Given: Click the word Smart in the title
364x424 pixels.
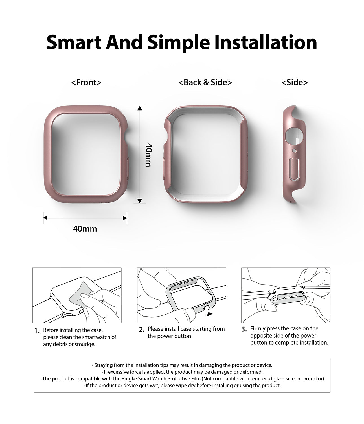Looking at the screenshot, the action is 74,42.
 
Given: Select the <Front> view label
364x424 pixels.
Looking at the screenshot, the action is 86,82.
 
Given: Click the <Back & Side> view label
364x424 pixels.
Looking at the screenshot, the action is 205,82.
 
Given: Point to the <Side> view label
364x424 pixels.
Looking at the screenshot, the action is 295,82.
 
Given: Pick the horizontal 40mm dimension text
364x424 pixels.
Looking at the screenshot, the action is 85,229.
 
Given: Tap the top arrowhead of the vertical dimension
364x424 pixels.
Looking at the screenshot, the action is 140,108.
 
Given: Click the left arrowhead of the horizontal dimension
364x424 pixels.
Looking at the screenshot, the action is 45,218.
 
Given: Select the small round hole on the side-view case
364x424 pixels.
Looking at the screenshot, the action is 294,151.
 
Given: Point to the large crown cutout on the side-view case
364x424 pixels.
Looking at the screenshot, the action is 294,136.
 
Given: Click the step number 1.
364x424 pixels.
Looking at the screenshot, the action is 37,331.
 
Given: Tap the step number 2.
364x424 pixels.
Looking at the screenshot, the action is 142,329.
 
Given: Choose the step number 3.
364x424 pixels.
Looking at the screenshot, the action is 244,329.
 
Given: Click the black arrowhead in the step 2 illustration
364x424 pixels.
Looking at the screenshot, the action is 209,314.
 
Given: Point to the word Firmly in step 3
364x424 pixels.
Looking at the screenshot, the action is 258,328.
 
